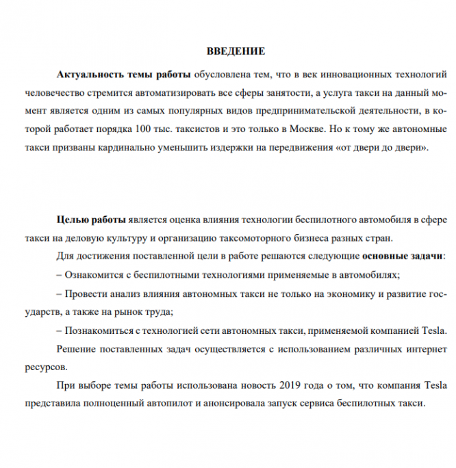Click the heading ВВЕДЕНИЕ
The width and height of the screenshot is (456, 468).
click(236, 51)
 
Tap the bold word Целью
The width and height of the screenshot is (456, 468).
click(71, 220)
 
